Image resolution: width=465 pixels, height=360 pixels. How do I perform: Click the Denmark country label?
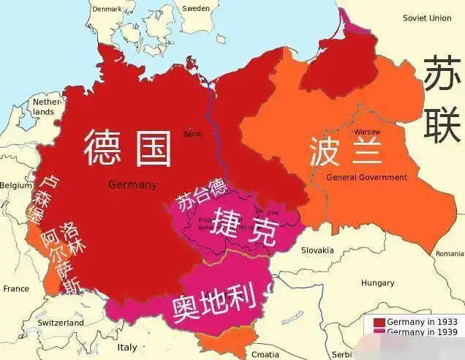click(107, 8)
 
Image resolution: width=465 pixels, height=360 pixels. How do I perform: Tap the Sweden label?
click(195, 8)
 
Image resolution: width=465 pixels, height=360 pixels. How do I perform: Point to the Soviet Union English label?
click(427, 18)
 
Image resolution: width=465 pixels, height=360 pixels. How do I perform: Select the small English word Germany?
click(132, 184)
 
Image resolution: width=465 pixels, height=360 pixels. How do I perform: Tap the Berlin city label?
click(193, 134)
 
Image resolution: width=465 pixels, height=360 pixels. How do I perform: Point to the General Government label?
click(366, 177)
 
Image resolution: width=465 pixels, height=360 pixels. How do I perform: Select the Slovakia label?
click(317, 250)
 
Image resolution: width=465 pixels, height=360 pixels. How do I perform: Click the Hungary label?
click(377, 282)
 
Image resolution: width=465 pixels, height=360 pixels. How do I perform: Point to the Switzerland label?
click(61, 322)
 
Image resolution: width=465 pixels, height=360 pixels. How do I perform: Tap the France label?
click(16, 288)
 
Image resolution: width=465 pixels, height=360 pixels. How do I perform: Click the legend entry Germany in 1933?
click(422, 322)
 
